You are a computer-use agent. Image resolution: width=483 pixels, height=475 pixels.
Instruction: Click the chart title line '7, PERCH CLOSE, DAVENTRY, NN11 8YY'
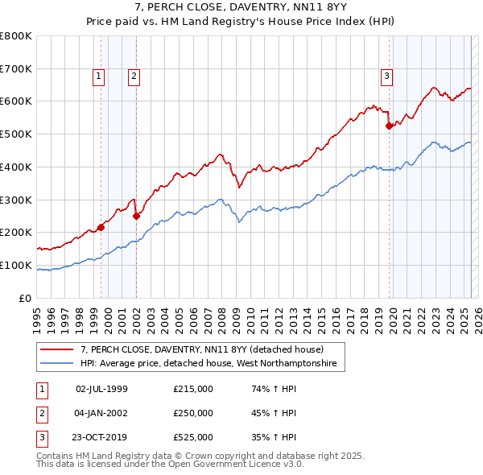pyautogui.click(x=241, y=8)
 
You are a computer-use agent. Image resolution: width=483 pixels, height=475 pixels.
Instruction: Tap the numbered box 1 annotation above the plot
pyautogui.click(x=98, y=76)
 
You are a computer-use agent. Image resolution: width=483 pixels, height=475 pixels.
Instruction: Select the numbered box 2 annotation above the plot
pyautogui.click(x=134, y=76)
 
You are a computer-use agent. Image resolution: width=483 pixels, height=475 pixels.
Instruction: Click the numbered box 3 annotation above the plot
pyautogui.click(x=386, y=76)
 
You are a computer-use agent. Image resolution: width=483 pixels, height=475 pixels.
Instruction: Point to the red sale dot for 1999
pyautogui.click(x=101, y=227)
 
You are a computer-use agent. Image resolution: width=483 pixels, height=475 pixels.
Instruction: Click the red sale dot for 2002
pyautogui.click(x=136, y=216)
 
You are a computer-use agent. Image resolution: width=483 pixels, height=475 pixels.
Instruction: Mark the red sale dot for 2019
pyautogui.click(x=389, y=125)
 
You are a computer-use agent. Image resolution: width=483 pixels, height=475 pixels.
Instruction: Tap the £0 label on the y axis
pyautogui.click(x=25, y=298)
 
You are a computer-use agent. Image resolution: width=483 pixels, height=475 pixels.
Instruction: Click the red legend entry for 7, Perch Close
pyautogui.click(x=201, y=349)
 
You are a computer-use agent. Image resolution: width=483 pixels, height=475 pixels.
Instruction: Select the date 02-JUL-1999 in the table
pyautogui.click(x=101, y=389)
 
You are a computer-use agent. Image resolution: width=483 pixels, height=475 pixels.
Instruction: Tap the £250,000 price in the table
pyautogui.click(x=193, y=414)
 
